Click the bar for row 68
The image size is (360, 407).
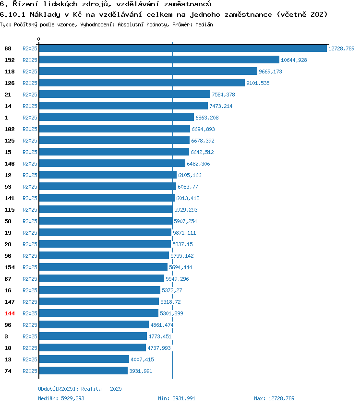(183, 48)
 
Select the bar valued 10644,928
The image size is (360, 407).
(159, 60)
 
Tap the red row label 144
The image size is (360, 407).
(10, 313)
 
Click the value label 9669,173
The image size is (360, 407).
(270, 72)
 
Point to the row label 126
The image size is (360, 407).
(10, 83)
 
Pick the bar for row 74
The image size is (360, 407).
(84, 371)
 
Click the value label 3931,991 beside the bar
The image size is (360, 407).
(141, 371)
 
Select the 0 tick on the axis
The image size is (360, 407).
(39, 39)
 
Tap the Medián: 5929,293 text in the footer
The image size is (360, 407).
(61, 398)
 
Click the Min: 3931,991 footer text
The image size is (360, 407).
(177, 398)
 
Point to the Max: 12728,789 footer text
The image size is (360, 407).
(274, 398)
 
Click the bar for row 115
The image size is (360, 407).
(106, 209)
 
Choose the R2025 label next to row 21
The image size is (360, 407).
(30, 95)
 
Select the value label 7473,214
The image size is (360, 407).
(221, 106)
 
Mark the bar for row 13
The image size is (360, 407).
(84, 359)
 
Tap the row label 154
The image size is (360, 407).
(10, 267)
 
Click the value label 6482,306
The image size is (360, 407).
(198, 164)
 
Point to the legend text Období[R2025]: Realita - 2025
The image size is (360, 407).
(80, 389)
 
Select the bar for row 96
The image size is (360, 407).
(94, 325)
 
